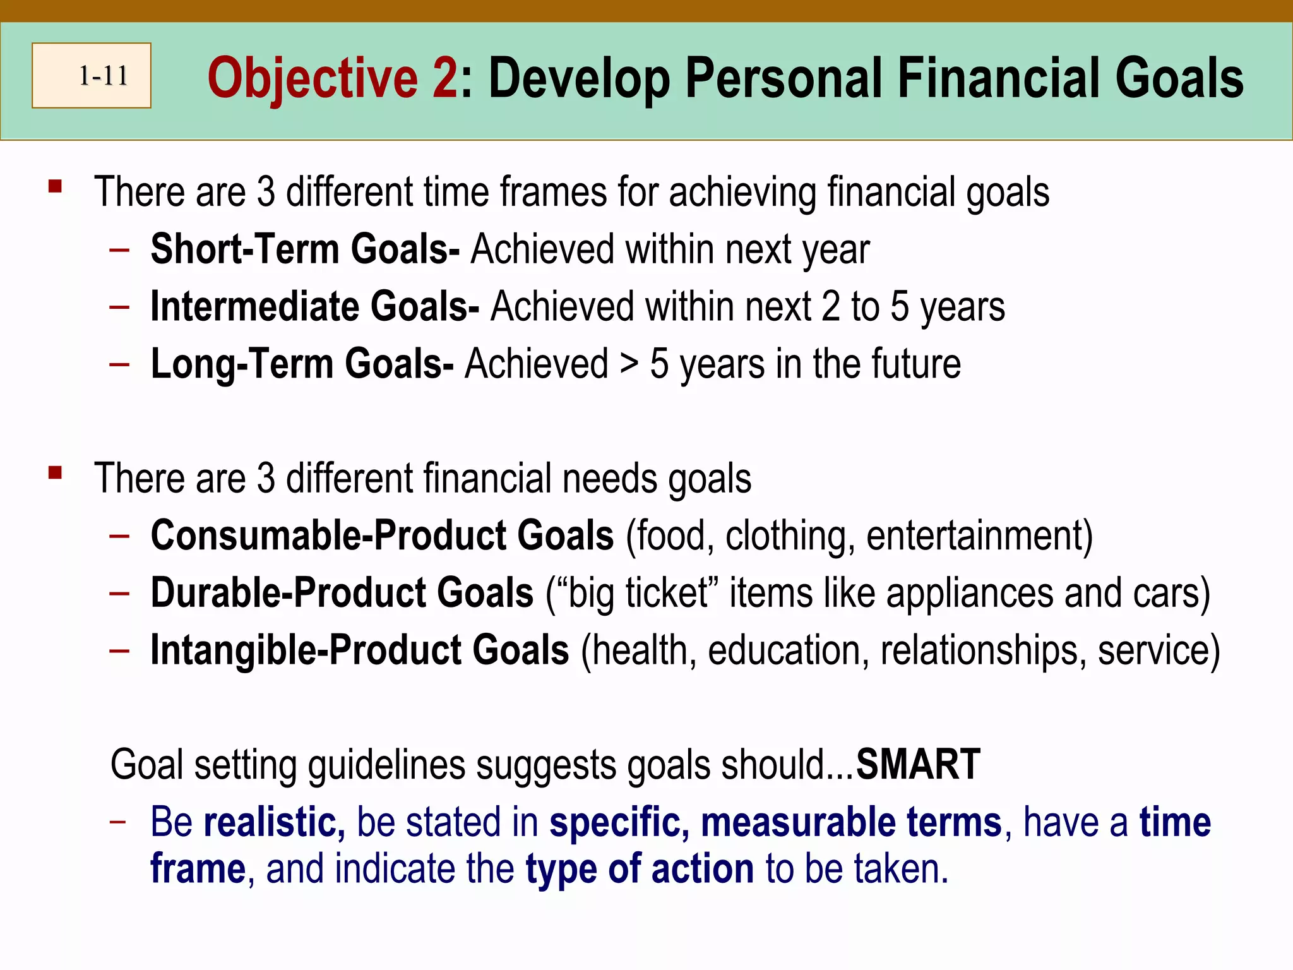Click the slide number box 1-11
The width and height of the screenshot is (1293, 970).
(x=92, y=76)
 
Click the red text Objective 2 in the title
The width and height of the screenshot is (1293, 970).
(x=332, y=78)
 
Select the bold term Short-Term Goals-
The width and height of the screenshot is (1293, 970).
(x=305, y=249)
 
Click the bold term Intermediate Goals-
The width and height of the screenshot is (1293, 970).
(x=314, y=307)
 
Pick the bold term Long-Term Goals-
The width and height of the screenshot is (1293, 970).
(x=302, y=364)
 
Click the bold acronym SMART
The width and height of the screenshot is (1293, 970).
(x=917, y=765)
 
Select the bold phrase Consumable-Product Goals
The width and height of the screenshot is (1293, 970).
(x=382, y=536)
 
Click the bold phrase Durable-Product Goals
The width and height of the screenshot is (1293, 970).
(x=342, y=593)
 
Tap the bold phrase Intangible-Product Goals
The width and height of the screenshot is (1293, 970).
(x=360, y=650)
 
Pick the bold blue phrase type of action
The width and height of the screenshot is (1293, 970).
(x=640, y=869)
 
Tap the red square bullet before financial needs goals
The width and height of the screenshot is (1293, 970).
(x=56, y=472)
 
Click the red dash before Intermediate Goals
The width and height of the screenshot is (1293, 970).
(x=119, y=308)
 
